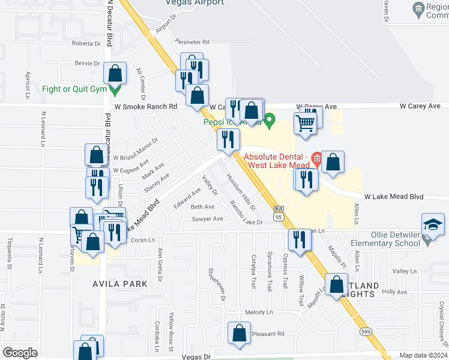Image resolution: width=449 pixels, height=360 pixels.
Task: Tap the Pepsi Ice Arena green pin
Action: tap(270, 122)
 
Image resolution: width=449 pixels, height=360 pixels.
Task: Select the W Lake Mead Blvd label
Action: tap(394, 197)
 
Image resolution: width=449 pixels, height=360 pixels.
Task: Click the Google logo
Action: tap(20, 352)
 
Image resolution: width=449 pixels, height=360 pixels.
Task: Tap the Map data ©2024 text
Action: tap(423, 355)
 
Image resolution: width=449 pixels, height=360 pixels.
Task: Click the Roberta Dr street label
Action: tap(86, 44)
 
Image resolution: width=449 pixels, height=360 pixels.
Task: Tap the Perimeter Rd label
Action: tap(192, 42)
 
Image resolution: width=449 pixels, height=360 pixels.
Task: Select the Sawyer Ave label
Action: tap(207, 219)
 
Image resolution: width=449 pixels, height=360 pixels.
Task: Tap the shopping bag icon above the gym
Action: tap(115, 74)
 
